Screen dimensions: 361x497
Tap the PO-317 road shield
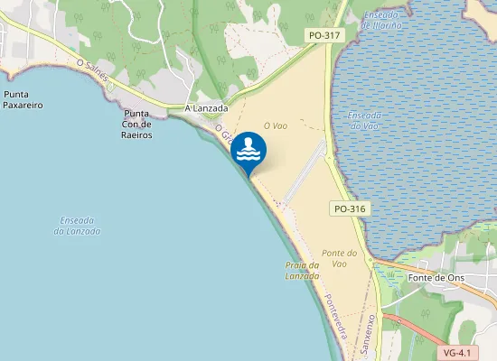[324, 35]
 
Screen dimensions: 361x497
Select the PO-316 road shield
[349, 208]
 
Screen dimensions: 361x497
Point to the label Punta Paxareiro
[23, 99]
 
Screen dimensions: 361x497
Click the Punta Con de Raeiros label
[137, 125]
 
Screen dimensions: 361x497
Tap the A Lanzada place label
[205, 108]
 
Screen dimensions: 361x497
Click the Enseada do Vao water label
[364, 121]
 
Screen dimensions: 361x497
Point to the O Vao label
[275, 126]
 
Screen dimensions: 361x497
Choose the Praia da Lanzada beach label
[302, 271]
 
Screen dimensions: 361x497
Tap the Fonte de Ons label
[436, 278]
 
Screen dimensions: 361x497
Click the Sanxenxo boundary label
[366, 334]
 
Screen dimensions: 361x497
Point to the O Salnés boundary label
[93, 70]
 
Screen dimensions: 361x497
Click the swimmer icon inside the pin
[249, 150]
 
